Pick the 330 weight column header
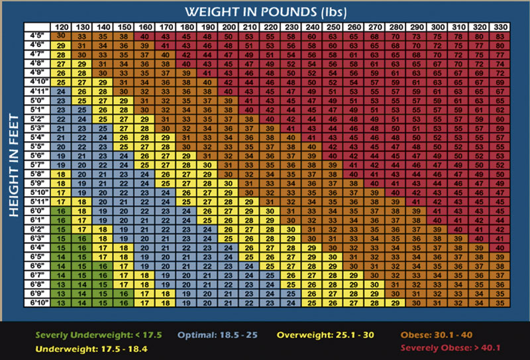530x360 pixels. pos(500,27)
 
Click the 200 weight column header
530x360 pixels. pos(229,27)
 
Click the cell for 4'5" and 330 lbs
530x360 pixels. pos(500,36)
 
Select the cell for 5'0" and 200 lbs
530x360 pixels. pos(229,100)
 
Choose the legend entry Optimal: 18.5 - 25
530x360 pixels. pos(219,334)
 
